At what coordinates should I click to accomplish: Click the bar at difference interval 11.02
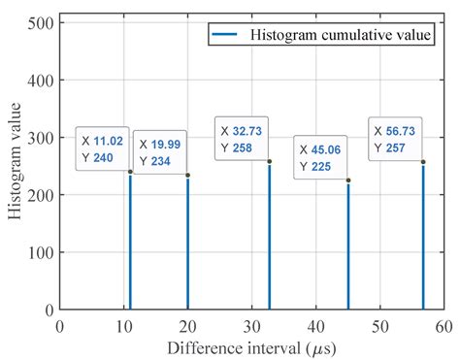pyautogui.click(x=130, y=243)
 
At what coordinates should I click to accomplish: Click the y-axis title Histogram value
pyautogui.click(x=16, y=163)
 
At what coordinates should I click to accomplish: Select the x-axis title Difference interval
pyautogui.click(x=250, y=346)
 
